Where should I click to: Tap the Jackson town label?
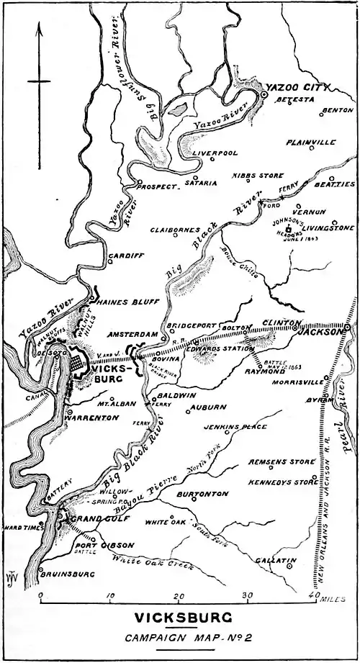tap(322, 333)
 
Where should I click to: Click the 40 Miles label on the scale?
tap(328, 597)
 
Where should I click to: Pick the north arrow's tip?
tap(40, 24)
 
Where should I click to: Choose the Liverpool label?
tap(214, 153)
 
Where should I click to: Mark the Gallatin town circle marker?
tap(289, 567)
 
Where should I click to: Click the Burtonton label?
tap(202, 495)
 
